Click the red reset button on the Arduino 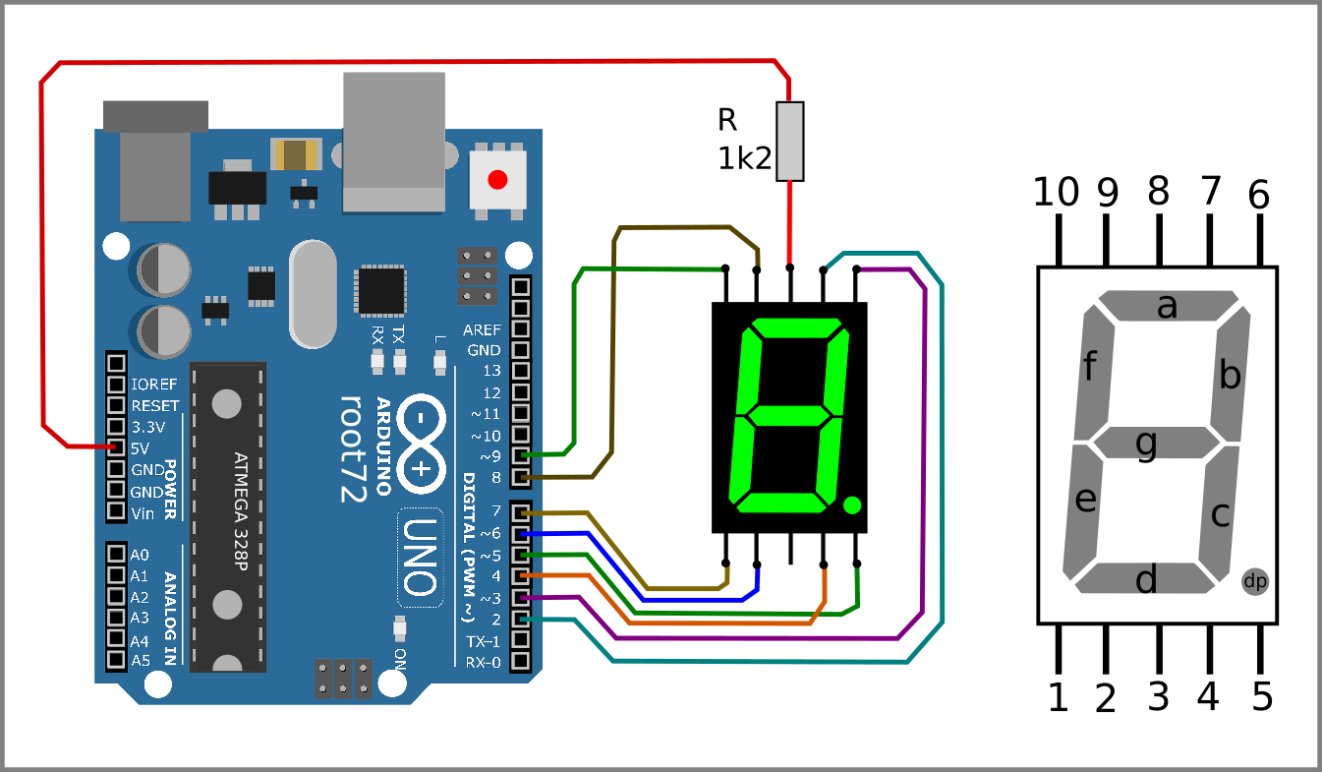pos(497,180)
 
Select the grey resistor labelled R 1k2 pos(790,142)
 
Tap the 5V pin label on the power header pos(140,447)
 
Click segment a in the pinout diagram pos(1167,307)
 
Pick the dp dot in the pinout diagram pos(1255,581)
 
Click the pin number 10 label pos(1057,194)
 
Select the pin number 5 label pos(1262,697)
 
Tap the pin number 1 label pos(1058,697)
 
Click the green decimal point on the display pos(852,505)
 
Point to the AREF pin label pos(482,329)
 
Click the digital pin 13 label pos(491,371)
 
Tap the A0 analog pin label pos(140,555)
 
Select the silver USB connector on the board pos(393,143)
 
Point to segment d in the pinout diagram pos(1146,580)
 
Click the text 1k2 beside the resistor pos(744,158)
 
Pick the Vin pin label pos(142,512)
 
